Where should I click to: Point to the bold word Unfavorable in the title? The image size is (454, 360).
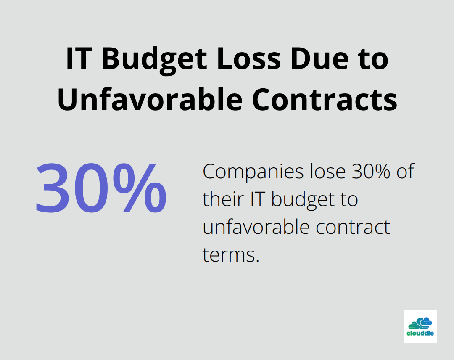click(x=150, y=100)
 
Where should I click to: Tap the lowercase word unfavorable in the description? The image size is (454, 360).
click(x=253, y=227)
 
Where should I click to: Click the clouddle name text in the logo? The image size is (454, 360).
click(x=420, y=334)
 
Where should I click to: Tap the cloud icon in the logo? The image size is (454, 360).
click(x=420, y=323)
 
